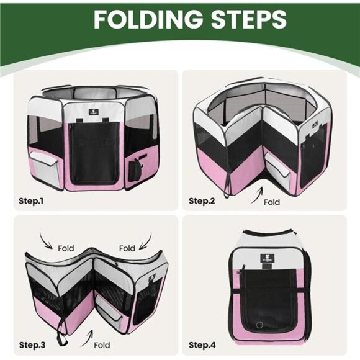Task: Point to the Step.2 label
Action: click(x=205, y=200)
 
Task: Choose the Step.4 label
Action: click(x=205, y=344)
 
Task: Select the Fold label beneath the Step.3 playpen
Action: click(x=102, y=344)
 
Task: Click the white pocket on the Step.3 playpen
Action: click(x=114, y=318)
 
